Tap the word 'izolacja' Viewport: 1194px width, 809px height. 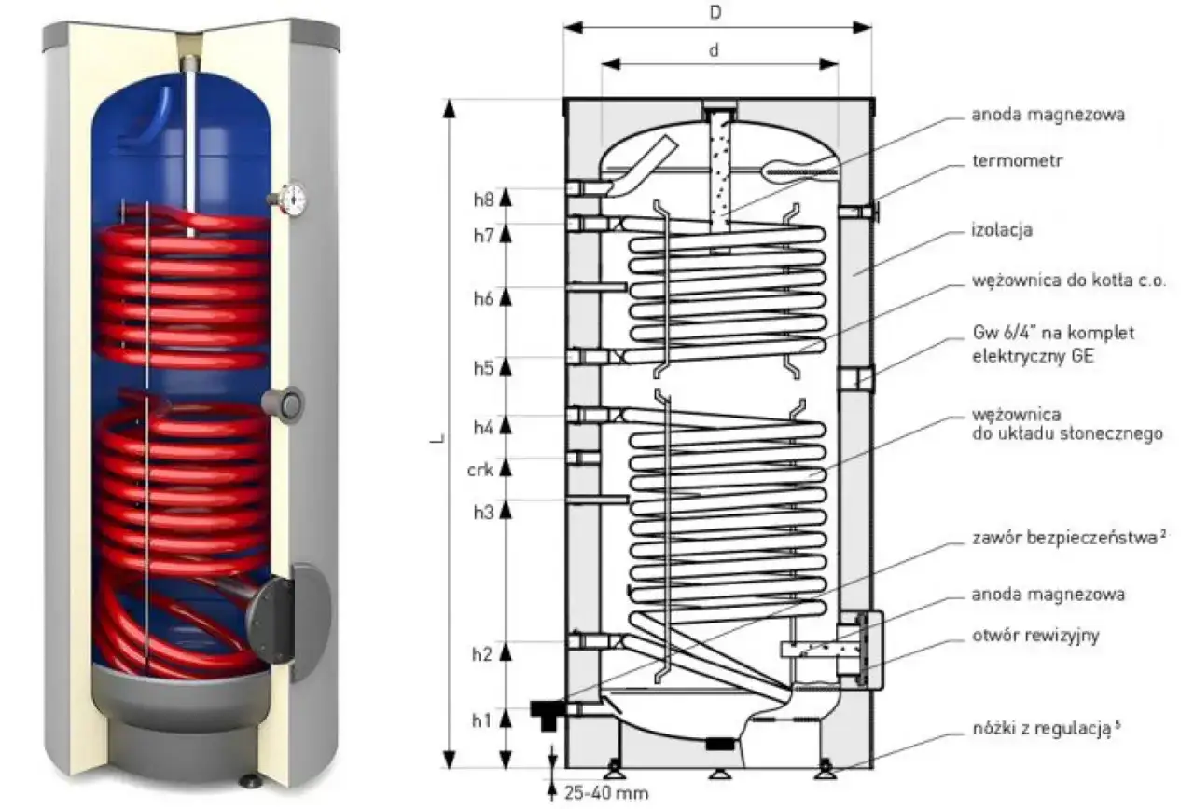pyautogui.click(x=1002, y=229)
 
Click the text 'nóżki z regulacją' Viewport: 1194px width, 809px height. pyautogui.click(x=1041, y=727)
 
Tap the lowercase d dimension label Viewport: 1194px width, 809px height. pyautogui.click(x=714, y=51)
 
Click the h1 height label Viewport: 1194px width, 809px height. pyautogui.click(x=481, y=719)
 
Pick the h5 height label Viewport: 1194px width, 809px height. pyautogui.click(x=482, y=368)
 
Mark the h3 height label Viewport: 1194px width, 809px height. pyautogui.click(x=481, y=511)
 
